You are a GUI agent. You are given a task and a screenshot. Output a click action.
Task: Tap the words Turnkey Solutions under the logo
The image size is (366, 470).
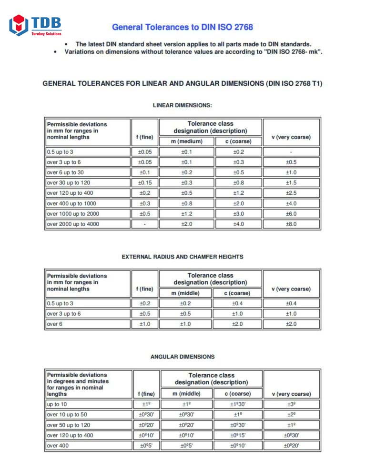point(46,34)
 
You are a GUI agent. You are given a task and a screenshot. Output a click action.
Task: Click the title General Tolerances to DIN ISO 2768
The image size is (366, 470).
point(183,27)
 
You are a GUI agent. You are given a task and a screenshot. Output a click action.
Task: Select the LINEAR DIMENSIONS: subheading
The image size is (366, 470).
point(183,105)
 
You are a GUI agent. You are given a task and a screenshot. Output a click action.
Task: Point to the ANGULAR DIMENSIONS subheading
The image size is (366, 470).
point(183,356)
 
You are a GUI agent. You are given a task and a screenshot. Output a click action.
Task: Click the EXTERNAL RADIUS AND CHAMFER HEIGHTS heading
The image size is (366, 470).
point(183,257)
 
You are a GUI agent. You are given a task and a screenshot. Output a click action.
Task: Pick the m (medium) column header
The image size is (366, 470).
point(187,141)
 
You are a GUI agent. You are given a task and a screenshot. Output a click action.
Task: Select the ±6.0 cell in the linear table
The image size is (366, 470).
point(291,214)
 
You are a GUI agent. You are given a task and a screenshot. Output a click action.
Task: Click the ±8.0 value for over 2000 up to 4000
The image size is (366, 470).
point(291,224)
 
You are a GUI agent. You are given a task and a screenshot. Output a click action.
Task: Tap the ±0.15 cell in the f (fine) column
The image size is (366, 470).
point(145,183)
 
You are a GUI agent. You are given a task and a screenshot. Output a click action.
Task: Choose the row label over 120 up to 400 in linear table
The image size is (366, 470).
point(71,193)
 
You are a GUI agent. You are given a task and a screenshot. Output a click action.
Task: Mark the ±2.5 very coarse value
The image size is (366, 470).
point(291,193)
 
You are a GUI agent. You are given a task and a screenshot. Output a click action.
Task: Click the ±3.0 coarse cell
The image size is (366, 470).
point(239,214)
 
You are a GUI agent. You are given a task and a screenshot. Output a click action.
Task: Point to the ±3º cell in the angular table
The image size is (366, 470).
point(291,404)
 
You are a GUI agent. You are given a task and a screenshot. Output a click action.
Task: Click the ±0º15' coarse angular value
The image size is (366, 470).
point(239,435)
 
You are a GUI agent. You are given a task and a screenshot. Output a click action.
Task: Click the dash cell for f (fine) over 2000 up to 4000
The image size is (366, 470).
point(145,224)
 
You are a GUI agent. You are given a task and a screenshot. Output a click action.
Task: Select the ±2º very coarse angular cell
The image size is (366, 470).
point(291,414)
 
